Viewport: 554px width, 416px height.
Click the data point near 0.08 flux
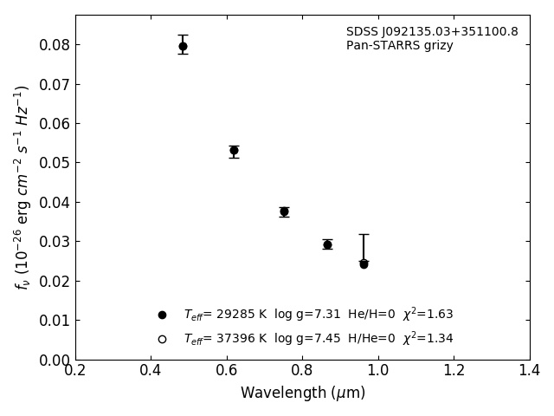[x=183, y=46]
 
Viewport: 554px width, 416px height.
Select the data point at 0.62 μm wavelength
[x=234, y=151]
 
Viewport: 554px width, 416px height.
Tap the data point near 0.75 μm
[x=284, y=211]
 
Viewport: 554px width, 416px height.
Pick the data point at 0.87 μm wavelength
[x=327, y=244]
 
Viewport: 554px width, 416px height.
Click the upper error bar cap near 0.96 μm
[x=364, y=234]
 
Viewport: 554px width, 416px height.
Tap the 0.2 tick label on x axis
[x=75, y=371]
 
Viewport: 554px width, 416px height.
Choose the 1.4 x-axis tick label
[x=530, y=371]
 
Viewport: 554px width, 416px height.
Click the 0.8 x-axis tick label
[x=302, y=371]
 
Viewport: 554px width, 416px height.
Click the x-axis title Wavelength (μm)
[x=302, y=393]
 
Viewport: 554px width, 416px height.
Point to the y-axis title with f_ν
[x=23, y=186]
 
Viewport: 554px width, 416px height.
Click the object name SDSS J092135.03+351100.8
[x=432, y=32]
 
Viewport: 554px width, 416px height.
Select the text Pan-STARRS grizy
[x=399, y=46]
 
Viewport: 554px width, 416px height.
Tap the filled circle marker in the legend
[x=162, y=315]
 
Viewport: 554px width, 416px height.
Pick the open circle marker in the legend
[x=162, y=339]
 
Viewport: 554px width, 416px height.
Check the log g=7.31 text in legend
[x=305, y=315]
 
